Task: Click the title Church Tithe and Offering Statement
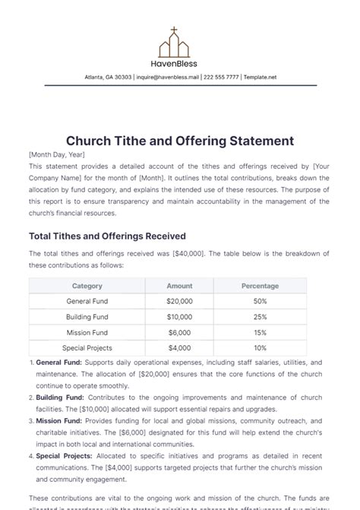click(x=180, y=141)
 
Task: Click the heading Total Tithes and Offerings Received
click(x=107, y=236)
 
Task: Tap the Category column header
click(x=87, y=287)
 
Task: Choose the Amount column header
click(x=179, y=287)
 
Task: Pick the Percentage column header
click(x=260, y=287)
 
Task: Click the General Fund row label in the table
click(x=87, y=302)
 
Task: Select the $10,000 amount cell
click(x=179, y=317)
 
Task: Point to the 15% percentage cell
click(x=260, y=333)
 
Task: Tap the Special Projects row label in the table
click(x=87, y=348)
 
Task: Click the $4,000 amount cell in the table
click(x=179, y=348)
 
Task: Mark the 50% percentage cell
click(x=260, y=302)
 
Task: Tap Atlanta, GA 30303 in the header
click(x=108, y=77)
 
